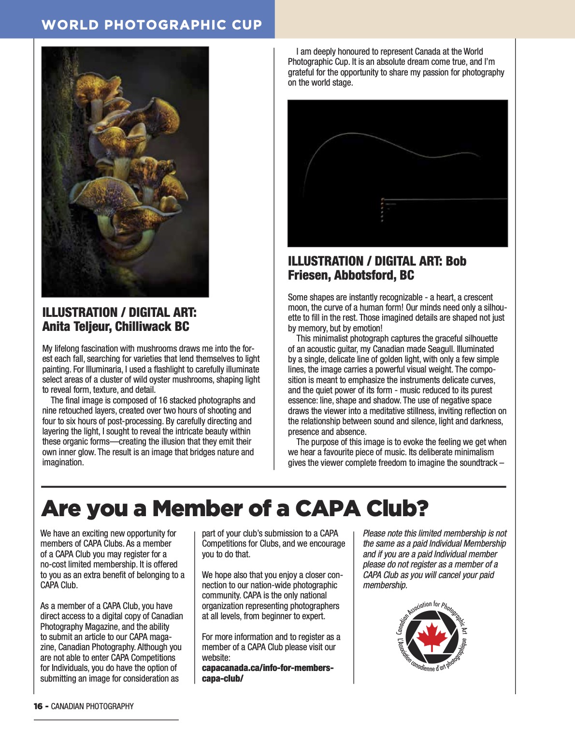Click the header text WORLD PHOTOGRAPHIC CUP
click(152, 25)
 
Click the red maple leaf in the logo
click(431, 636)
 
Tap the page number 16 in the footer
click(38, 706)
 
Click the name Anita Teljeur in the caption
click(77, 327)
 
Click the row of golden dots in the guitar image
click(383, 210)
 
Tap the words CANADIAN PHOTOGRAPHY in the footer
click(92, 706)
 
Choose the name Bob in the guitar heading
click(456, 261)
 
